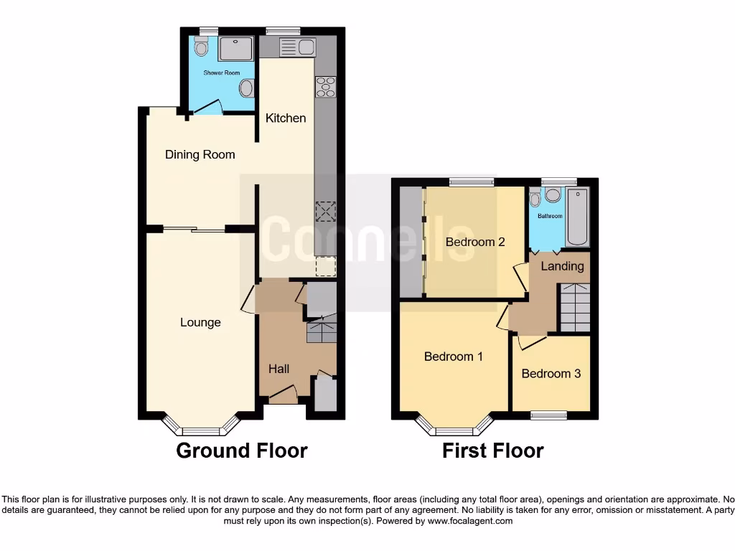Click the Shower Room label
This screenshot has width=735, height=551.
pos(221,72)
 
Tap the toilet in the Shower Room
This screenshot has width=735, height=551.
pos(200,47)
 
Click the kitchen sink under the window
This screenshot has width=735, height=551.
pos(296,47)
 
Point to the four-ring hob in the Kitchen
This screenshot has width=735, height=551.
pos(325,86)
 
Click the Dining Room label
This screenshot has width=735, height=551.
pos(200,154)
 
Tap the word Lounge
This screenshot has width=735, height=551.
pos(200,322)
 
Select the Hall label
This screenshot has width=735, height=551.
pos(278,368)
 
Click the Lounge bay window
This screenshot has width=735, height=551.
pos(200,429)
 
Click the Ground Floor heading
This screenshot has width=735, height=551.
pos(242,451)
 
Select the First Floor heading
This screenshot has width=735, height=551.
pos(492,451)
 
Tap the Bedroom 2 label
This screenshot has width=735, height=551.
pos(474,242)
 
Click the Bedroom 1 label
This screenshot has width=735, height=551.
pos(453,356)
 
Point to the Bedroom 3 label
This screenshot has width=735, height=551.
pos(551,374)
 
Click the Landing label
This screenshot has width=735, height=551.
pos(562,266)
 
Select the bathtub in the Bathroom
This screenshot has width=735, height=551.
pos(577,217)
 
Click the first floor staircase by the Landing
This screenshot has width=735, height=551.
pos(574,306)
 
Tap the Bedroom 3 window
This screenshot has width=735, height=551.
pos(549,415)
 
